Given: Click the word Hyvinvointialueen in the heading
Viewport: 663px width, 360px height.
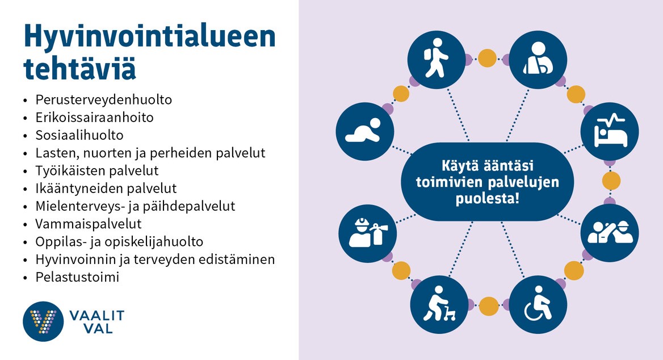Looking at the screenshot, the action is [x=150, y=36].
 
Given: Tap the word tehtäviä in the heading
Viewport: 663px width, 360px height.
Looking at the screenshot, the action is [x=80, y=68].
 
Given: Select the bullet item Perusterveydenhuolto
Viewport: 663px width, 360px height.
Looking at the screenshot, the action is [x=103, y=100].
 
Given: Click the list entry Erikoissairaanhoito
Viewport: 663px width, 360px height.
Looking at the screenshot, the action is [x=94, y=118].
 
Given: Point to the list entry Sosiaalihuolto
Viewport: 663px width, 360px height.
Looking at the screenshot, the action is [x=79, y=135].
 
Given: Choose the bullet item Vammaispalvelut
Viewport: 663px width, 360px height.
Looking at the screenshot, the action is [x=89, y=224].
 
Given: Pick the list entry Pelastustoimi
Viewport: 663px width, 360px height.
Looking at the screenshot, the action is [x=77, y=277].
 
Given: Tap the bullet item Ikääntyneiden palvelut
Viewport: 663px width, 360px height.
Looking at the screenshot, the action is [x=106, y=189].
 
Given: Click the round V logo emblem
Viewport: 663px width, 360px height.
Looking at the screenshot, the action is [x=43, y=321].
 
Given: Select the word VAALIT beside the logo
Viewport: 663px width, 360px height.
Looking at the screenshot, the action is [x=97, y=316].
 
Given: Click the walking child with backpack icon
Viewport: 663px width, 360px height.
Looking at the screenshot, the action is [x=437, y=60].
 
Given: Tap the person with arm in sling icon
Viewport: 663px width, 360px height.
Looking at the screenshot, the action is [x=538, y=60].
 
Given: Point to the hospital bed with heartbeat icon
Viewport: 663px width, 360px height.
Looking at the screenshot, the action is [x=610, y=131].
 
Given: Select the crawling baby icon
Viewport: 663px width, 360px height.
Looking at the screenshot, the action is [x=365, y=131].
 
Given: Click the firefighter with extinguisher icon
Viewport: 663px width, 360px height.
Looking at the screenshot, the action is [x=367, y=233].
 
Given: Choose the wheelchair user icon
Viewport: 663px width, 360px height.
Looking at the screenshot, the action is [x=538, y=304].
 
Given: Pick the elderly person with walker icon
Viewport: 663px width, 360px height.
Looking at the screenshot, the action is [x=439, y=304].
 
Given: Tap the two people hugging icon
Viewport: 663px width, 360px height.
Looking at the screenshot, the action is [x=610, y=233].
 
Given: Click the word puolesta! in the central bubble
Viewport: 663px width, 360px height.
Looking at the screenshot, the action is [x=488, y=198].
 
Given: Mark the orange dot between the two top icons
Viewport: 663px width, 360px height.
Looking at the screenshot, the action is [x=487, y=58].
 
